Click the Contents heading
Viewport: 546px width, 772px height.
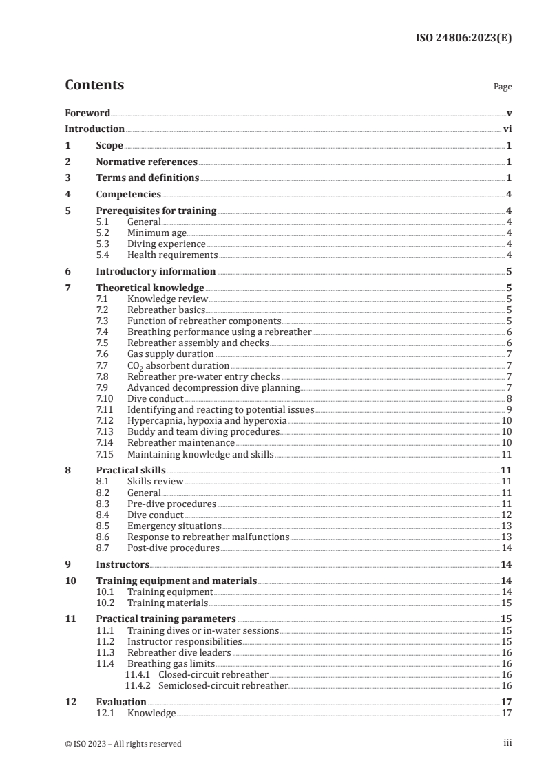[x=94, y=85]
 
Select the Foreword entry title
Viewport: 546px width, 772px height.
[x=87, y=113]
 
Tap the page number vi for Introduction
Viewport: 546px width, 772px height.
[x=507, y=129]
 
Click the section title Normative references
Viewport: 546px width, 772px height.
[x=147, y=162]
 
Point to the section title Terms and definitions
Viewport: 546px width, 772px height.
[x=147, y=178]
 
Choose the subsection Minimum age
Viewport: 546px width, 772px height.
[x=157, y=233]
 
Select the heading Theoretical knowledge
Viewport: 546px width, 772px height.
[x=150, y=288]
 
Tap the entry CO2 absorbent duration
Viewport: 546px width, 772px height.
[x=178, y=365]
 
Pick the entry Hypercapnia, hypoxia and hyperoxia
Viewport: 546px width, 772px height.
[x=207, y=420]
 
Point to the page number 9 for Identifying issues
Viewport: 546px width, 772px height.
[x=508, y=409]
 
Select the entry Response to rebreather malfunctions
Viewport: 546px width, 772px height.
[x=208, y=537]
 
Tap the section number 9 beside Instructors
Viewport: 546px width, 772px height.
[x=67, y=564]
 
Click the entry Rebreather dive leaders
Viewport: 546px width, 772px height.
[x=179, y=653]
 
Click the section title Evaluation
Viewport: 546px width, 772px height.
[x=121, y=702]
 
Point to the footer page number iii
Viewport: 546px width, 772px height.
[x=507, y=743]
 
